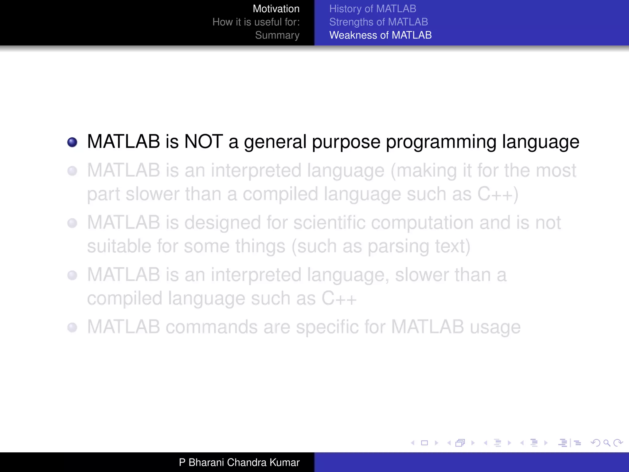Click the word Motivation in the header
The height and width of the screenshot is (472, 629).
pos(276,9)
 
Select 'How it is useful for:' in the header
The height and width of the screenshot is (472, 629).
pos(256,22)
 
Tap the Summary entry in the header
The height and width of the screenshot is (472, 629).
pos(277,35)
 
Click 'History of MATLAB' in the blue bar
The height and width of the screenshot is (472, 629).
pos(373,9)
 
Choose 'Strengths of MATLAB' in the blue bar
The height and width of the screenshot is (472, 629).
pos(378,22)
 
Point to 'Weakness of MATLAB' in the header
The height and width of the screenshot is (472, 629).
pos(380,35)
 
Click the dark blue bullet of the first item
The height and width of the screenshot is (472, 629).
pos(72,142)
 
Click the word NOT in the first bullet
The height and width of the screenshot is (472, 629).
pos(203,142)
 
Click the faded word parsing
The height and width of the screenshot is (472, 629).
pos(398,247)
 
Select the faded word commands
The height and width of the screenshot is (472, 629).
pos(211,327)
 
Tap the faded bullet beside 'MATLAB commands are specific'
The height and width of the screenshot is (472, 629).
pos(72,328)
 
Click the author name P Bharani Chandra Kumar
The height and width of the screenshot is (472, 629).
pos(239,462)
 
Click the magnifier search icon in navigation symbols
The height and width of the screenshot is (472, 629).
pos(607,443)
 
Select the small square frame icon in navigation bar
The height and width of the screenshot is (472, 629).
pos(424,443)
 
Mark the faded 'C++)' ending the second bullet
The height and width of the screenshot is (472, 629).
pos(498,195)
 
